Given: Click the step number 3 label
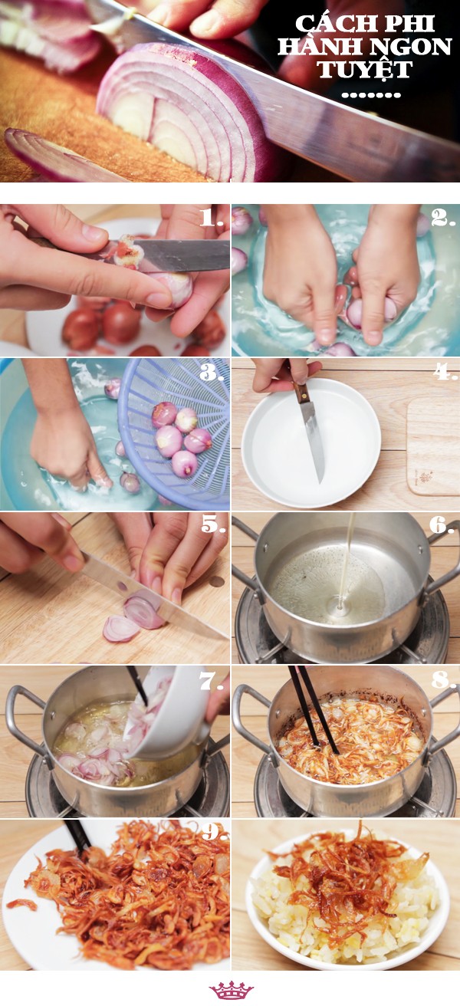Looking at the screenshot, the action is point(212,371).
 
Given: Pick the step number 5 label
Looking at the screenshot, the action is point(213,524).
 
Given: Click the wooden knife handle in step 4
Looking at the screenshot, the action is point(301,393).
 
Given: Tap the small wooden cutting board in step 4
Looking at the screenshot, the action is point(433,446).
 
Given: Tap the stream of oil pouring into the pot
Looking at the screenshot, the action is point(346,561).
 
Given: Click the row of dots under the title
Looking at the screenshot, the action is point(370,95).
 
